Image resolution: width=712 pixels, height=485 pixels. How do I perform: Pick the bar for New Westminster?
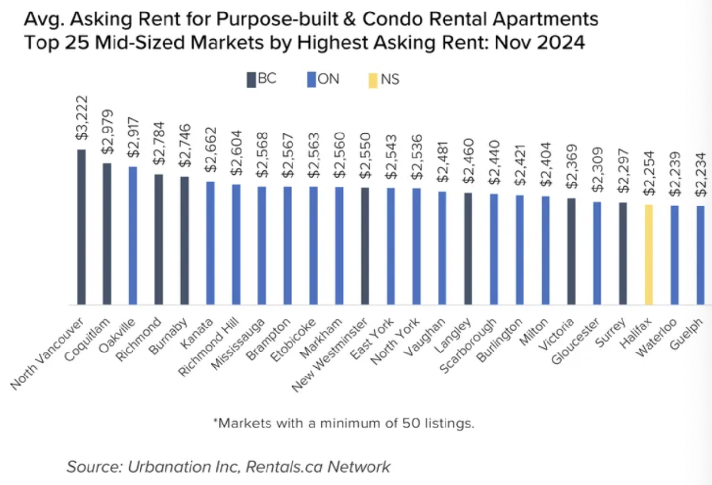click(x=365, y=246)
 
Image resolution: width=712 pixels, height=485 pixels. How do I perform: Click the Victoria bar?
click(x=571, y=251)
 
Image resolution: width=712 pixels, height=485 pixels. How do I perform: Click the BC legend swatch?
click(x=251, y=80)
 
